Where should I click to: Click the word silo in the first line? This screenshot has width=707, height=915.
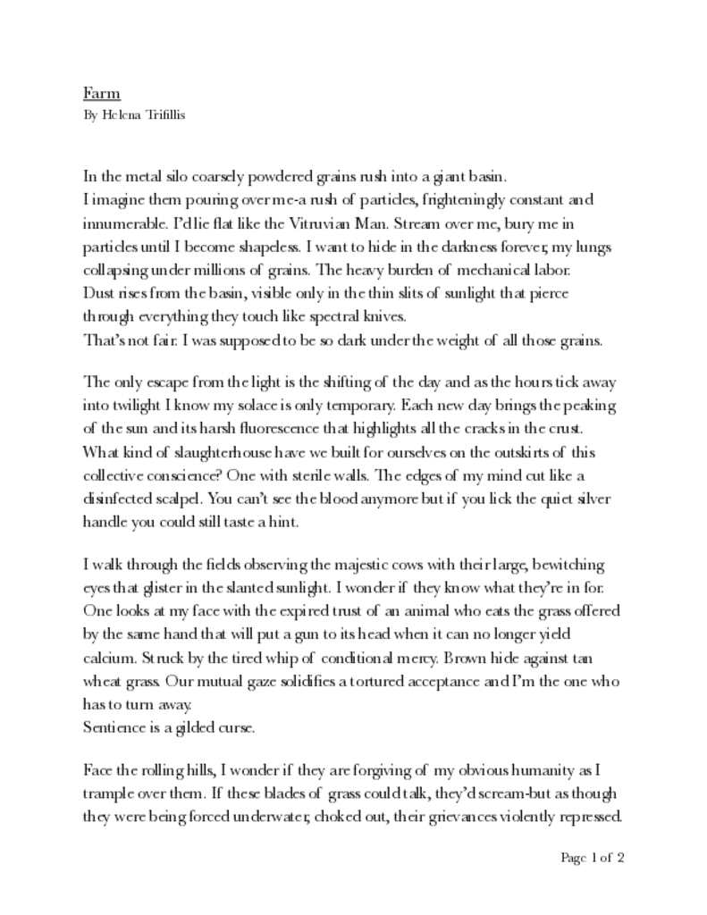pyautogui.click(x=170, y=176)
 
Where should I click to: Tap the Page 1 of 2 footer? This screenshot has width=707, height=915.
pyautogui.click(x=593, y=859)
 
